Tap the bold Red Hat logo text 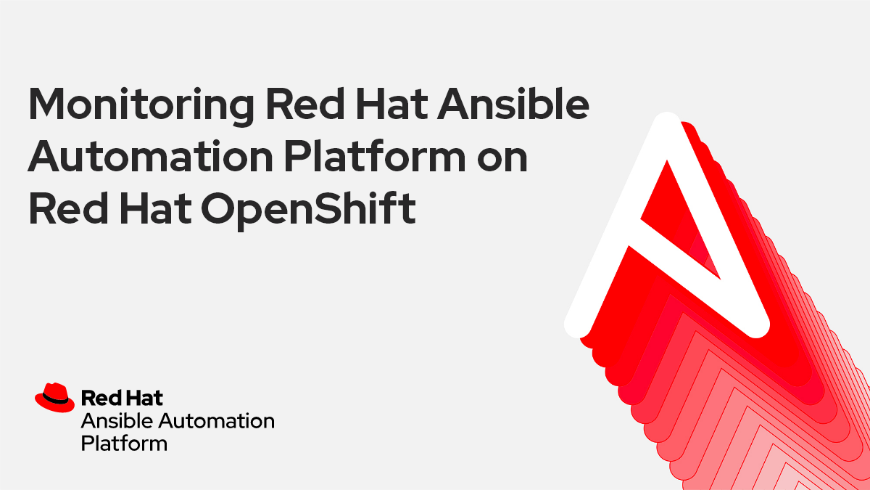pos(122,397)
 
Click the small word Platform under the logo pos(124,443)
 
